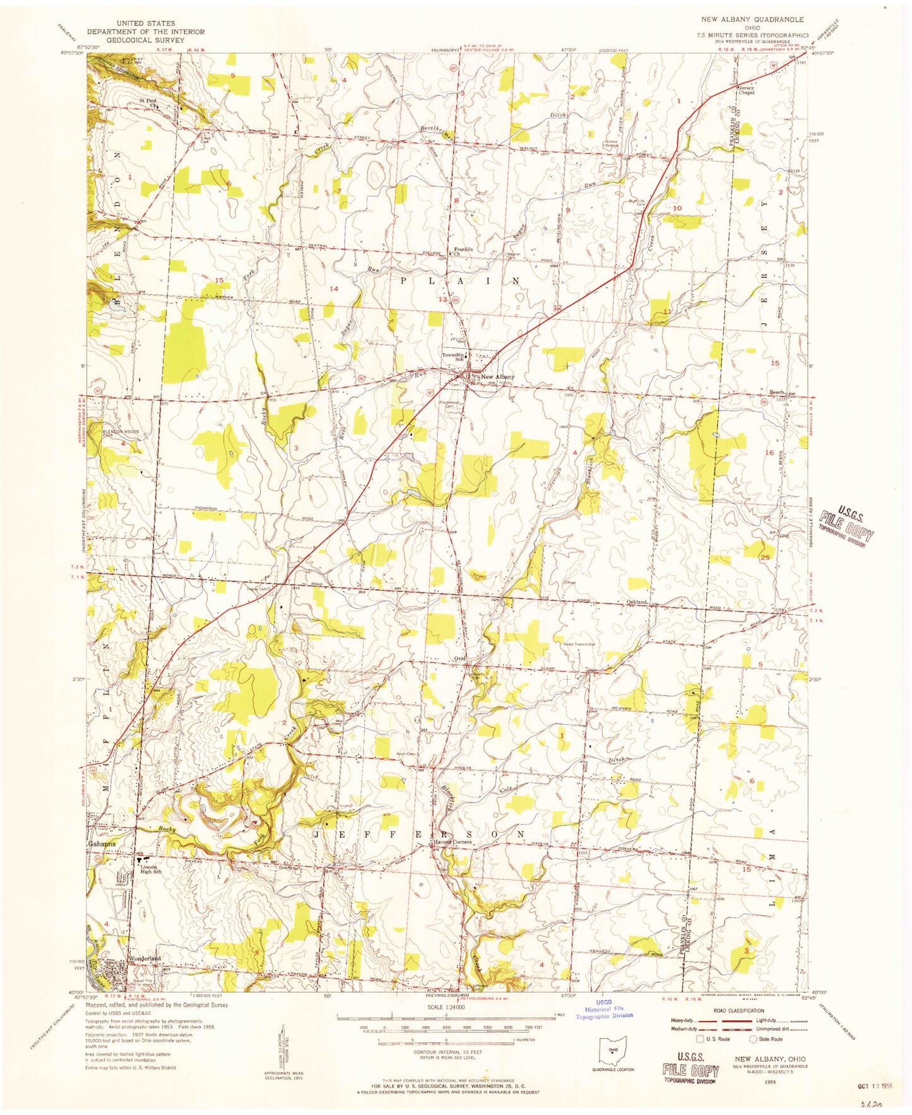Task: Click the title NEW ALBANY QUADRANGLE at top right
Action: [x=748, y=20]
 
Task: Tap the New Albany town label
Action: [x=497, y=378]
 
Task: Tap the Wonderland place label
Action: [x=145, y=958]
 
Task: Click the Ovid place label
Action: [x=459, y=658]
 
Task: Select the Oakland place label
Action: [x=637, y=602]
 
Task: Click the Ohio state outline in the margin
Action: [x=610, y=1049]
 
